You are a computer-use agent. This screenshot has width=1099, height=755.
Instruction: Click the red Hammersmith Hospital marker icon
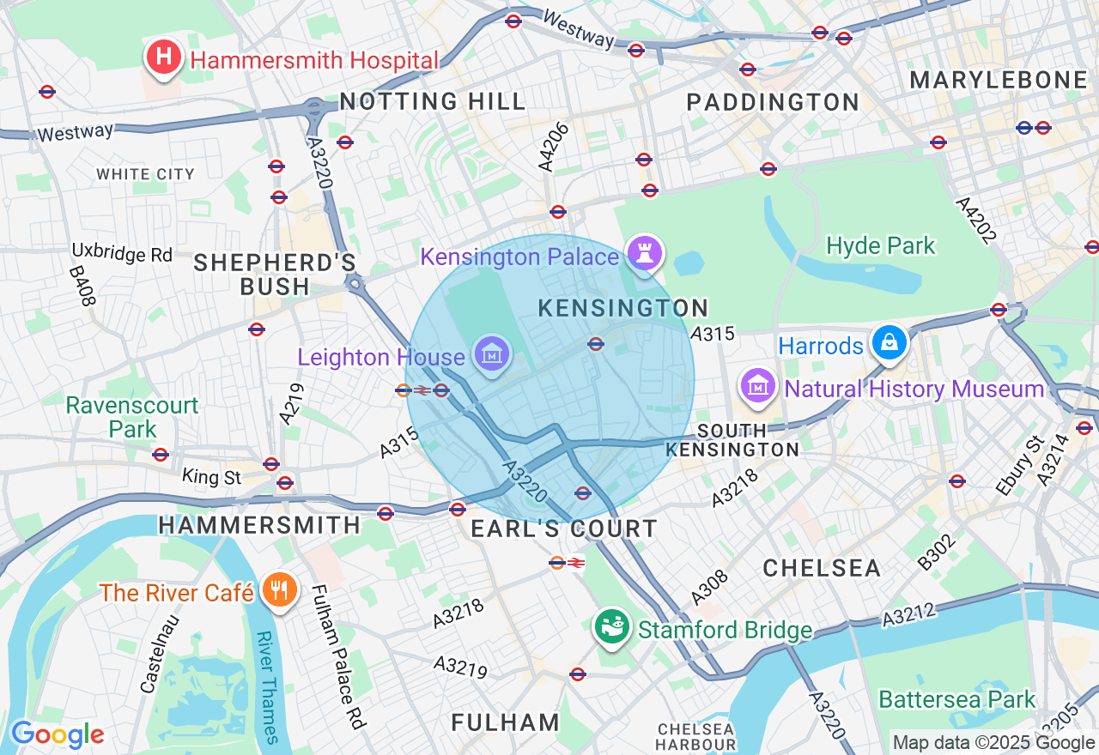point(164,58)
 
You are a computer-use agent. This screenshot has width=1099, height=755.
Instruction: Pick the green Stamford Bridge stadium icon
point(613,627)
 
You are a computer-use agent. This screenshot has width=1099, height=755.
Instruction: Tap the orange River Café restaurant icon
point(279,590)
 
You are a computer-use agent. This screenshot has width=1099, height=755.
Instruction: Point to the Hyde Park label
point(880,246)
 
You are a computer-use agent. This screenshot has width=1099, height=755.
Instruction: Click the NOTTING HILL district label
point(433,101)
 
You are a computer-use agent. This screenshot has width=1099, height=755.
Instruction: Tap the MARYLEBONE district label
point(999,81)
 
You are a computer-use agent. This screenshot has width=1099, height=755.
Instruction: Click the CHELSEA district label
point(822,568)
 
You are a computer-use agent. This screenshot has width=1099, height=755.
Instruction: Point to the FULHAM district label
point(505,722)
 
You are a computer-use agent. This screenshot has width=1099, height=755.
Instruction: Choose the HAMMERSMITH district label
point(259,524)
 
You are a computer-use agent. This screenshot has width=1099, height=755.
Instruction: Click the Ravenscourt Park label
point(132,417)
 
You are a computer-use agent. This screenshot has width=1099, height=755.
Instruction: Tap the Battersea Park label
point(957,700)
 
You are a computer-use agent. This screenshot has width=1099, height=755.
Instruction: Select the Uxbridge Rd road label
point(122,254)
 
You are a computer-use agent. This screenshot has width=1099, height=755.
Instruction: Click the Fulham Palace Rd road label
point(338,656)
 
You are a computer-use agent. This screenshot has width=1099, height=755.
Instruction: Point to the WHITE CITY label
point(145,174)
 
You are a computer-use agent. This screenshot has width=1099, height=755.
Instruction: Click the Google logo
point(57,735)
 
